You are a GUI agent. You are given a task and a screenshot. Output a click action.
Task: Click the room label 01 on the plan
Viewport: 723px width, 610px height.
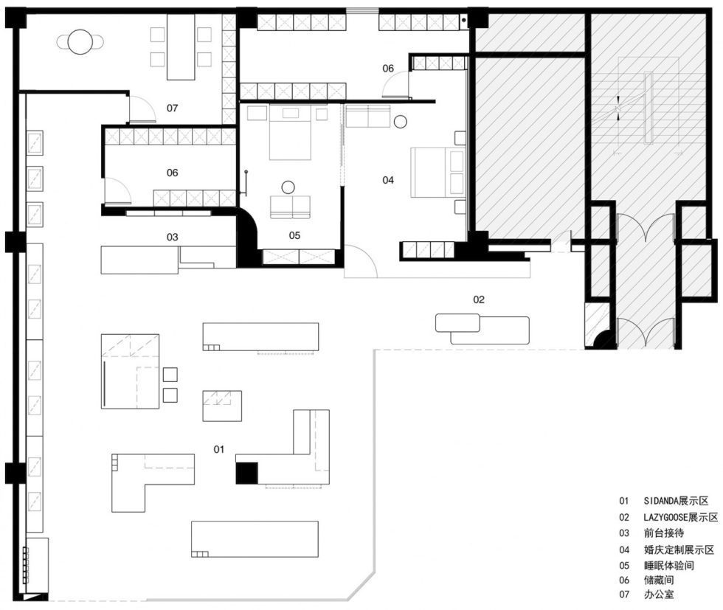click(218, 449)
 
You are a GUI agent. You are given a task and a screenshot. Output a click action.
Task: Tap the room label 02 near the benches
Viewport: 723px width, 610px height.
click(479, 299)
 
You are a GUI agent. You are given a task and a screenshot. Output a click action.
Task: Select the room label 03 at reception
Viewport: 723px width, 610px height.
click(172, 237)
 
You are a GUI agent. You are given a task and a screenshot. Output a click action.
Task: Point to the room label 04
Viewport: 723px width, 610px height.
click(388, 180)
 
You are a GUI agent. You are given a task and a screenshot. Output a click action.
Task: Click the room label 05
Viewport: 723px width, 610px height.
click(294, 235)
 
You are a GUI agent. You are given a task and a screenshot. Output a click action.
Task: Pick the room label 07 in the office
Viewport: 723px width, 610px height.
click(172, 108)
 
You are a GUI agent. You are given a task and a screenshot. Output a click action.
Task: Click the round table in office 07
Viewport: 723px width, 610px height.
click(80, 42)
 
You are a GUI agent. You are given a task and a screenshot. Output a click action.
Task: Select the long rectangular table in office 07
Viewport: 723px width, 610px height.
click(181, 47)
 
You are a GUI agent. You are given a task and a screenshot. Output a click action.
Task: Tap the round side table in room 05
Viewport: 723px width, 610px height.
click(288, 187)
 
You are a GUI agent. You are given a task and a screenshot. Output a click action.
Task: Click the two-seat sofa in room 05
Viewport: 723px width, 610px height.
click(290, 207)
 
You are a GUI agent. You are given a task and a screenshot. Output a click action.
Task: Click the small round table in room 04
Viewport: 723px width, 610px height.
click(400, 122)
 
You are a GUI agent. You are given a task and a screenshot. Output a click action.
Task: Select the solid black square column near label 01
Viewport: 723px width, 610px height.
click(246, 473)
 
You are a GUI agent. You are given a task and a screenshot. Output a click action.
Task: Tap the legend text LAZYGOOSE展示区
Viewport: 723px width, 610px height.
click(680, 517)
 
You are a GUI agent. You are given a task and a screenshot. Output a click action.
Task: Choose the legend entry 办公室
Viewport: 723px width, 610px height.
click(659, 595)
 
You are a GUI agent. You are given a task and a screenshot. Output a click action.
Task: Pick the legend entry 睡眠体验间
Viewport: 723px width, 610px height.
click(669, 565)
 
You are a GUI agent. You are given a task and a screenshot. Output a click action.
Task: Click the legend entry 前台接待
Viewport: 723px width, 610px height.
click(664, 533)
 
